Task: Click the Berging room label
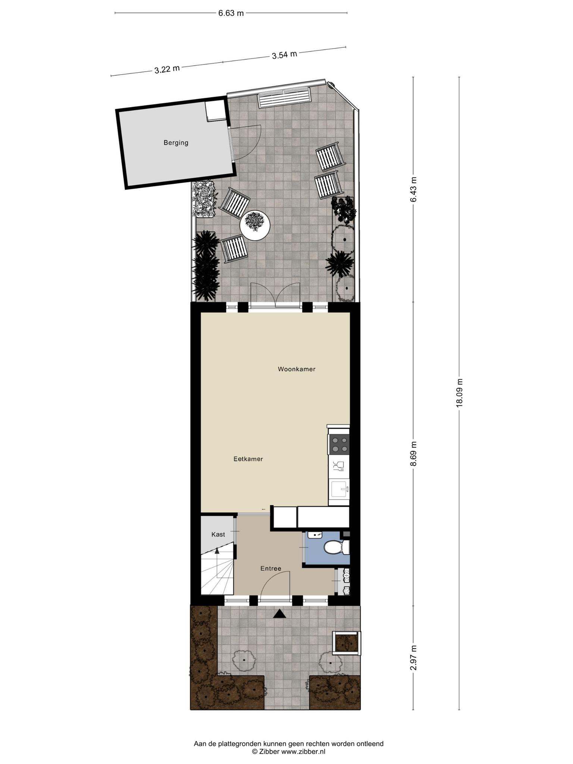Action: (x=176, y=143)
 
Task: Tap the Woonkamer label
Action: (x=297, y=369)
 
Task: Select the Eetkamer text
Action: (x=248, y=459)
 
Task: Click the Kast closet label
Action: (x=218, y=535)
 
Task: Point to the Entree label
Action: (x=271, y=569)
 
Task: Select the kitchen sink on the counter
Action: (x=339, y=489)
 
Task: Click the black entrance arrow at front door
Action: (x=280, y=614)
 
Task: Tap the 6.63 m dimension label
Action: (x=231, y=13)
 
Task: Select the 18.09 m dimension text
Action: (x=459, y=393)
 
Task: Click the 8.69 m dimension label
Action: (x=413, y=454)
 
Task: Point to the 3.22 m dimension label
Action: (x=167, y=69)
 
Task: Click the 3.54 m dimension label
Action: (x=284, y=55)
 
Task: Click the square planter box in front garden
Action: (x=347, y=643)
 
